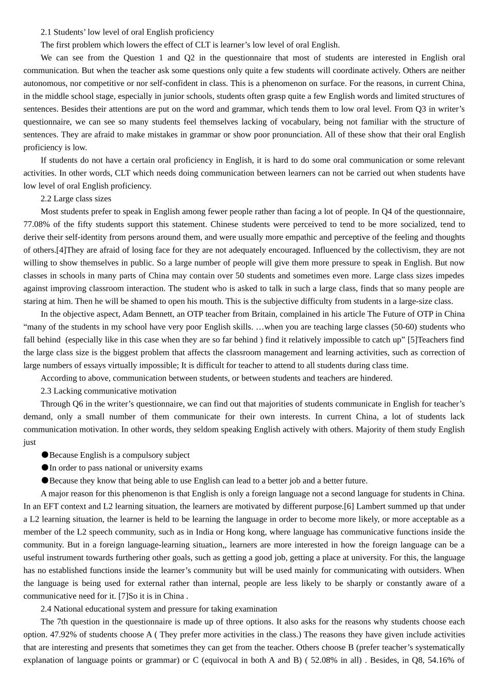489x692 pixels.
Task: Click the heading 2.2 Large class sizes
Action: tap(76, 199)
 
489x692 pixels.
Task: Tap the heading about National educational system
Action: tap(159, 609)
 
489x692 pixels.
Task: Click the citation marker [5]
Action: tap(413, 340)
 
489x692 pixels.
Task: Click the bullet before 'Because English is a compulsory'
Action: tap(45, 455)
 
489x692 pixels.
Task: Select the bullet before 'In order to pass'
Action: tap(45, 468)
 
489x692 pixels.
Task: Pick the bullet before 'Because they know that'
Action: tap(45, 481)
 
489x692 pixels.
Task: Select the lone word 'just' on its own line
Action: tap(29, 442)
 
